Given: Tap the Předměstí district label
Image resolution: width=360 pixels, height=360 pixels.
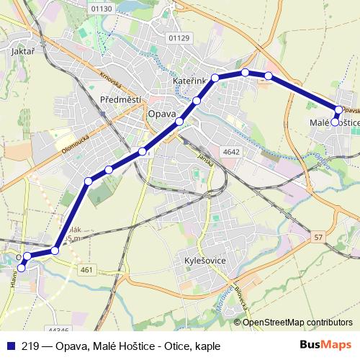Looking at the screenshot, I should click(x=120, y=99).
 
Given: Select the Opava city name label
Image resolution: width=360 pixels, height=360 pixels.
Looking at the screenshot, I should click(x=161, y=114).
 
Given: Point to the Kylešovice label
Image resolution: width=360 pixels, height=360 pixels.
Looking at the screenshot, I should click(x=206, y=258).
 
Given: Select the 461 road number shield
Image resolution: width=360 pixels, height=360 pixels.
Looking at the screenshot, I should click(x=86, y=269).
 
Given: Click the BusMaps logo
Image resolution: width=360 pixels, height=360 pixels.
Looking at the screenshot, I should click(x=326, y=345).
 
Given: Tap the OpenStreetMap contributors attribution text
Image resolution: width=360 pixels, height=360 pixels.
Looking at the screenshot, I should click(x=297, y=323).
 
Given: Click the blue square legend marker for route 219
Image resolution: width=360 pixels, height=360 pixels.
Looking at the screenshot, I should click(x=10, y=346).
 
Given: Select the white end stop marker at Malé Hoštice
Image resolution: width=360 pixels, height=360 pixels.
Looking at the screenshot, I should click(x=334, y=122).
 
